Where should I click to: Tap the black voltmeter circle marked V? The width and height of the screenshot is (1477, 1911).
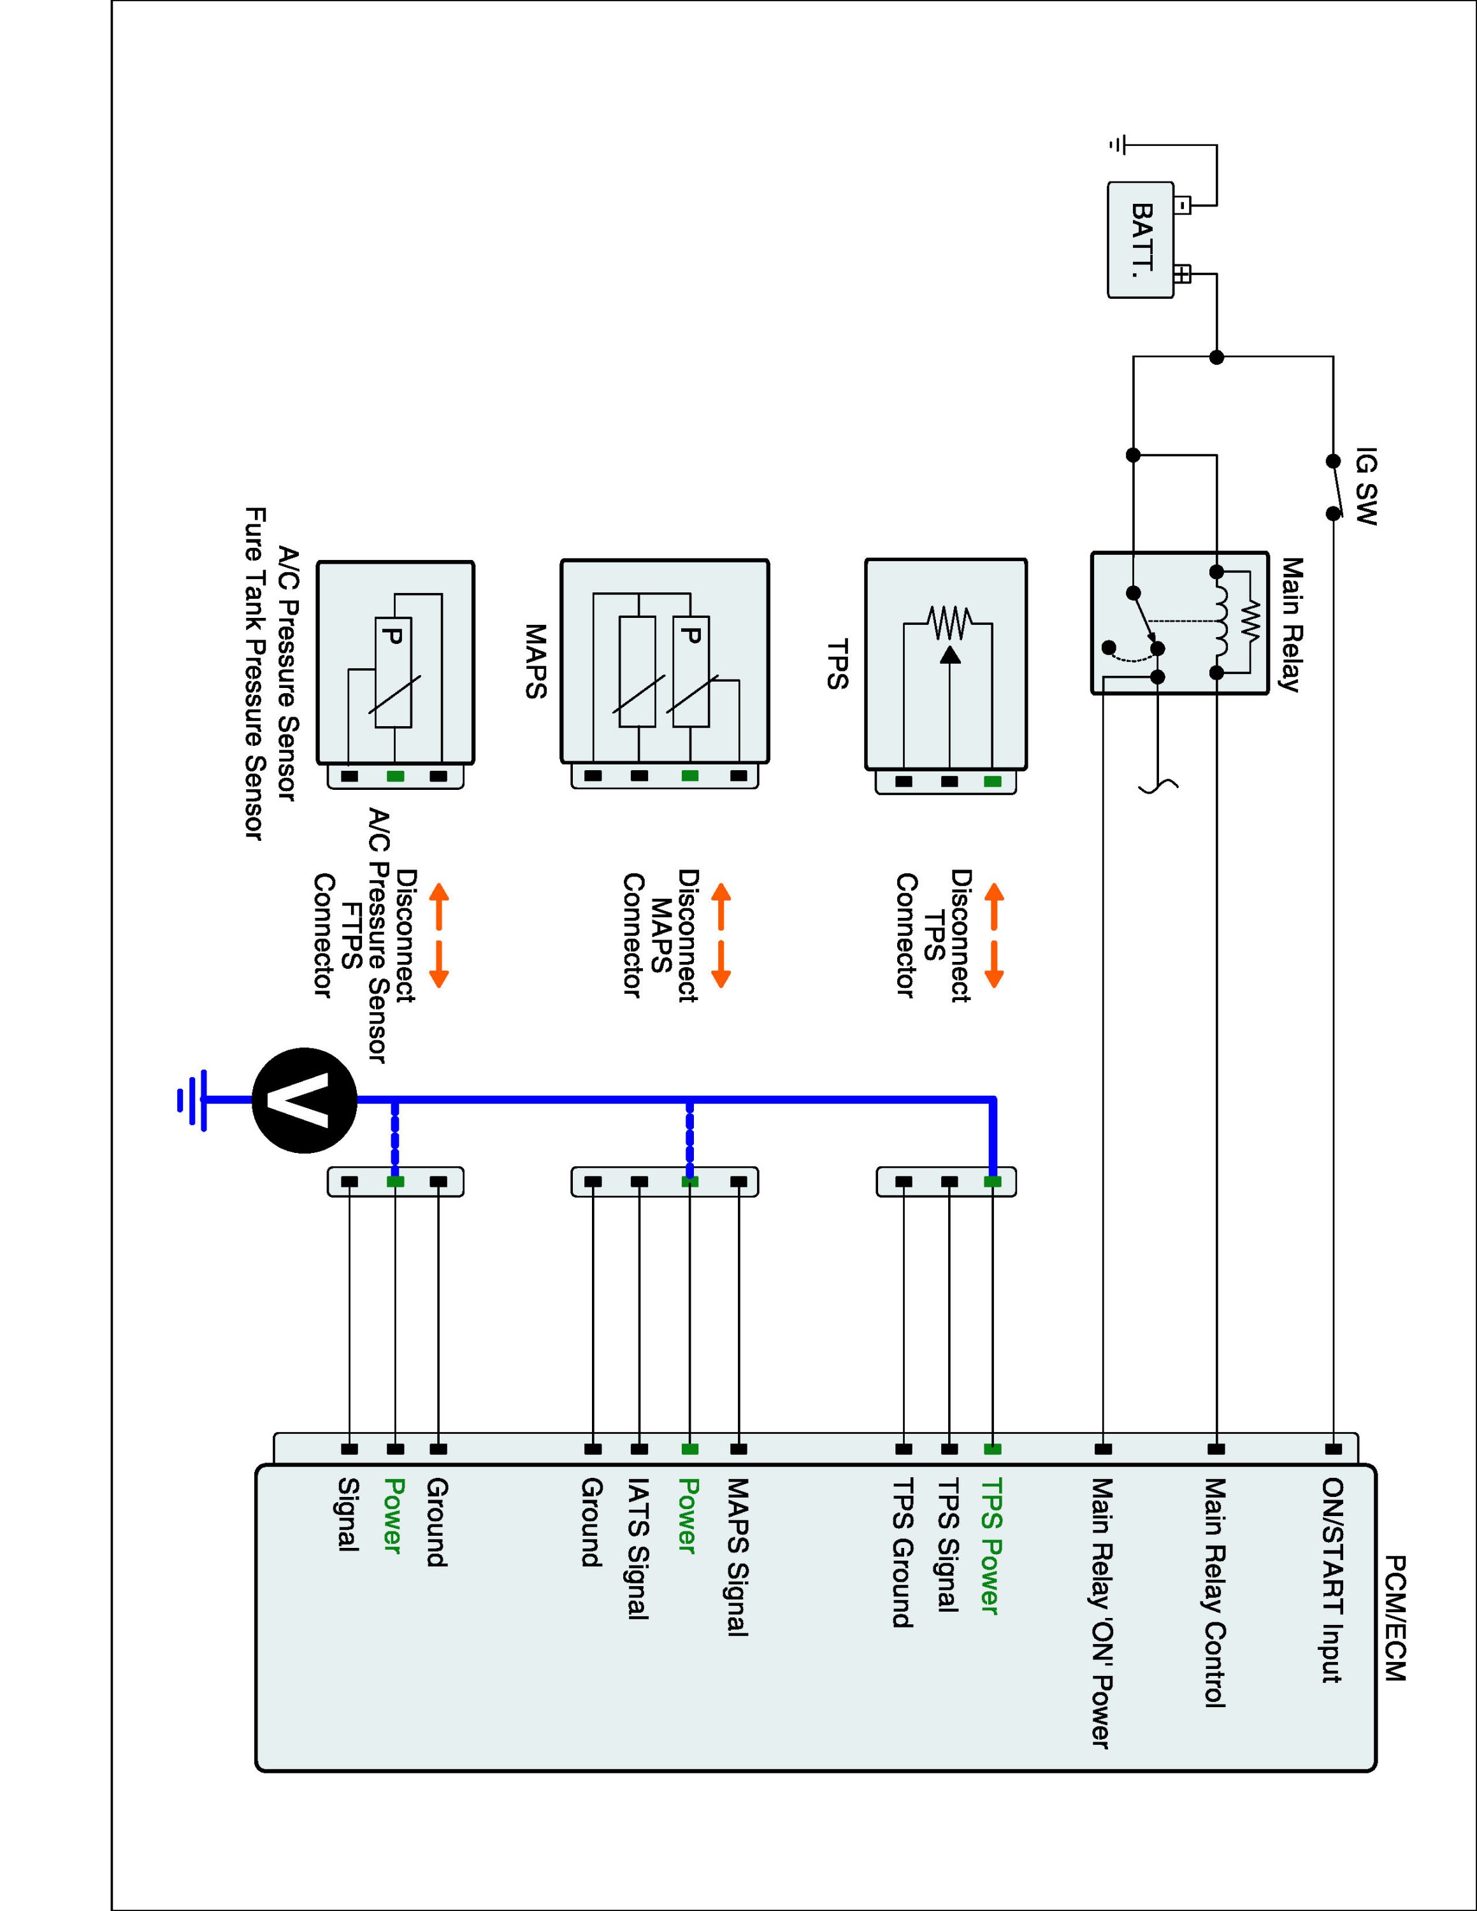[305, 1100]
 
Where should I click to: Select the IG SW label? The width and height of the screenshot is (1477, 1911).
[1365, 487]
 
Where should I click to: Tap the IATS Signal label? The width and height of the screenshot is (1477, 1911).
[638, 1548]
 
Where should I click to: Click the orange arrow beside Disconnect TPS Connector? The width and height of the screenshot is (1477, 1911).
[994, 935]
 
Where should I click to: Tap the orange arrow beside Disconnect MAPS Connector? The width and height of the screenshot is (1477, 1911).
[720, 935]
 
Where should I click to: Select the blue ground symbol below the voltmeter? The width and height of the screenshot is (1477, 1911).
[192, 1100]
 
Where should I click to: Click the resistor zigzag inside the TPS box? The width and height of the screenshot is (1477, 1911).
[950, 623]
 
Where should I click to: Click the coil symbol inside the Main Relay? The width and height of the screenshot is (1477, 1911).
[1218, 623]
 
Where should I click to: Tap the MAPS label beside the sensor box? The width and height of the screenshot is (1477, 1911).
[535, 661]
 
